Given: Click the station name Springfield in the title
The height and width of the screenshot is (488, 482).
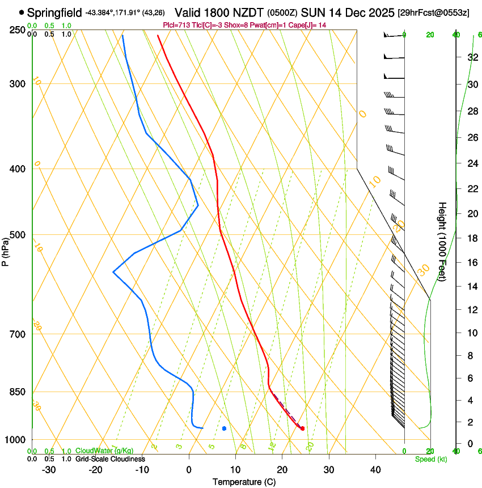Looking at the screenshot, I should pos(54,12).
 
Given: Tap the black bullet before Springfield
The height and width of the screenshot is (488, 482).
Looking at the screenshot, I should pos(22,12).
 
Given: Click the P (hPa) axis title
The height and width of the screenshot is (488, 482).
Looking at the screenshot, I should pos(6,249).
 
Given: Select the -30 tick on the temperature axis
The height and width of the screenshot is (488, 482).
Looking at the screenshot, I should pos(49,470).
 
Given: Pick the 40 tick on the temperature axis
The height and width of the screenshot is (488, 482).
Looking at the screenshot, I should pos(375,470).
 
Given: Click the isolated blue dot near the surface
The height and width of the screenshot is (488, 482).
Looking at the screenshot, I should pos(225,428).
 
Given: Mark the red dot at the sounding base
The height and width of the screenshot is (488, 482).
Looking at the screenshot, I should pos(302,428).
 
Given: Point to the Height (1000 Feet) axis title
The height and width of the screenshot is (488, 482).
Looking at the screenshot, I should pos(442,241).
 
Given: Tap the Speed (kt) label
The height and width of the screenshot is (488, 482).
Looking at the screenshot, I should pos(430,459).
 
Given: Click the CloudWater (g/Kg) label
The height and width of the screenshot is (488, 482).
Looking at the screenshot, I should pos(96,451).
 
